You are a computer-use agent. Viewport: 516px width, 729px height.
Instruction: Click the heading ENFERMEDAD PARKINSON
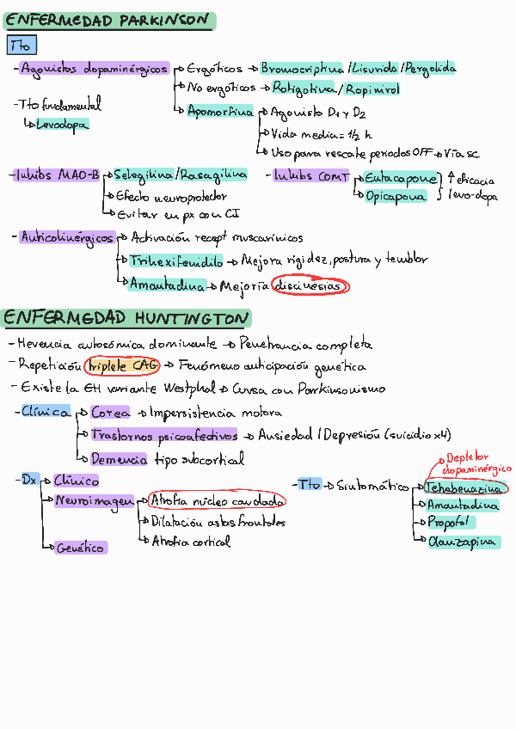click(107, 20)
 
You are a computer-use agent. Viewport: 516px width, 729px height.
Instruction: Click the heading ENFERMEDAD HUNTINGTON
click(126, 319)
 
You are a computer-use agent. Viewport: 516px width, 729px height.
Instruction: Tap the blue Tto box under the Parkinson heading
click(21, 45)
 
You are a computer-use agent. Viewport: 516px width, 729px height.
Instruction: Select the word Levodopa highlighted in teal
click(62, 125)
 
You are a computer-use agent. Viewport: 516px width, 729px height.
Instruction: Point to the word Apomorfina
click(222, 112)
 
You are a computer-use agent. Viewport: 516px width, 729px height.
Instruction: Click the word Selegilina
click(143, 175)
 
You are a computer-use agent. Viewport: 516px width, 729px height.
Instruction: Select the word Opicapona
click(396, 196)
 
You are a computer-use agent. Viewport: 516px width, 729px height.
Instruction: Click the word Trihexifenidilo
click(176, 260)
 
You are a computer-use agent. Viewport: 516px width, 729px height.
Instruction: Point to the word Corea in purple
click(110, 413)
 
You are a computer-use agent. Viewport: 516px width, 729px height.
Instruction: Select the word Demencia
click(119, 459)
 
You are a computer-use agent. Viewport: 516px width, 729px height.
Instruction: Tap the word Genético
click(81, 548)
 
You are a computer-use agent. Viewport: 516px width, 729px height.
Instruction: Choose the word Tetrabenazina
click(464, 487)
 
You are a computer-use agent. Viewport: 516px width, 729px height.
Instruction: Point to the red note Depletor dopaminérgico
click(476, 464)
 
